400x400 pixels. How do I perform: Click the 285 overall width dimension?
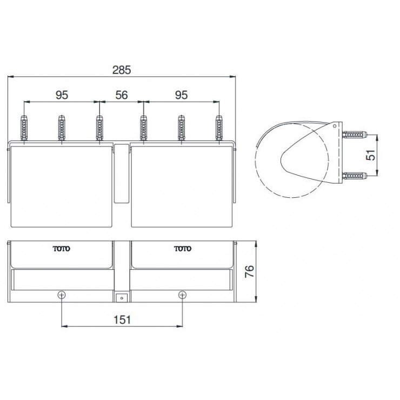click(122, 70)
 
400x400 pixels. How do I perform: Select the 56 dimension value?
click(122, 95)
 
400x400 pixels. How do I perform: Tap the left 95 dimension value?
click(62, 95)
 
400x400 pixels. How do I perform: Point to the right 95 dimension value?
click(182, 95)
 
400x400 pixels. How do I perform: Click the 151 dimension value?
click(122, 319)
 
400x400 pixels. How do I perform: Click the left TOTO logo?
click(61, 249)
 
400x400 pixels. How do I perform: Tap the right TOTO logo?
click(182, 249)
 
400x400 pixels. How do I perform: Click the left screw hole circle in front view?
click(62, 295)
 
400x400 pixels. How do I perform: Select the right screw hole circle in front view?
click(183, 295)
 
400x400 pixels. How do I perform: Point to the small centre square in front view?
click(122, 297)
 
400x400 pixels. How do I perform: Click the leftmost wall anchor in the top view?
click(24, 129)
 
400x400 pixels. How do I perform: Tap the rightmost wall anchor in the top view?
click(219, 129)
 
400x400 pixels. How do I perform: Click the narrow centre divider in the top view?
click(122, 173)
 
